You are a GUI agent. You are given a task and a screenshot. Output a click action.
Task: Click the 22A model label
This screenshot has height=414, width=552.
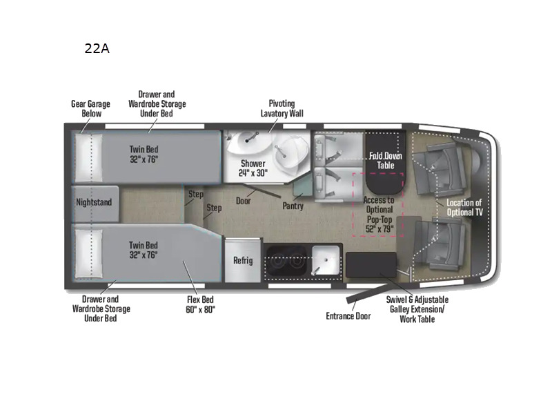[x=96, y=49]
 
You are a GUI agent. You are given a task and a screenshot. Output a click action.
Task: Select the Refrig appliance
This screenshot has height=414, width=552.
[x=243, y=261]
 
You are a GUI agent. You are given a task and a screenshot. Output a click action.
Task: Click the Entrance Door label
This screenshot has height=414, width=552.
[x=348, y=316]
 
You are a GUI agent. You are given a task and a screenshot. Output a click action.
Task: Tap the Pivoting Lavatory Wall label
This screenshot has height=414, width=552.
[x=282, y=108]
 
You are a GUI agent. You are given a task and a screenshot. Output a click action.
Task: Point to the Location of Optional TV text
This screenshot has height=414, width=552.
[x=465, y=208]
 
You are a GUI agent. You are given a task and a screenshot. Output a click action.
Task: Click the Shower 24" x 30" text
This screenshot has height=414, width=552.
[x=253, y=168]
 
